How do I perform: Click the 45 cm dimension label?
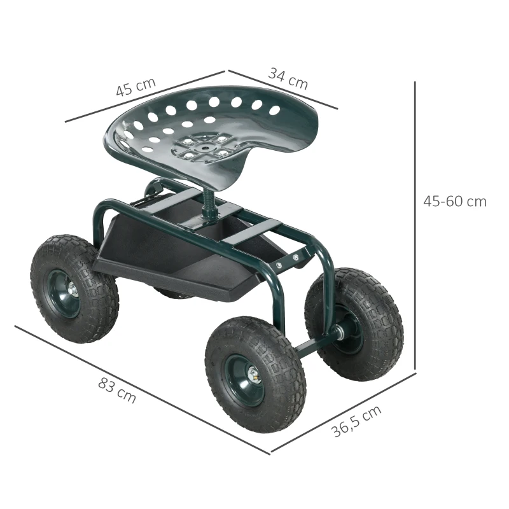click(136, 88)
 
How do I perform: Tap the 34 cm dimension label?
click(288, 78)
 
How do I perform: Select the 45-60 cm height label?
click(454, 202)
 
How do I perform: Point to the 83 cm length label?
click(117, 390)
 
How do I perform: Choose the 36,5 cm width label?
click(357, 421)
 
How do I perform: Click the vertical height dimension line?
click(415, 223)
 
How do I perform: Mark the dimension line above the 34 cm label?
click(283, 89)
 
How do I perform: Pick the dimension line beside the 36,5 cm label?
click(344, 413)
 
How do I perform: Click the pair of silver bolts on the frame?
click(286, 261)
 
